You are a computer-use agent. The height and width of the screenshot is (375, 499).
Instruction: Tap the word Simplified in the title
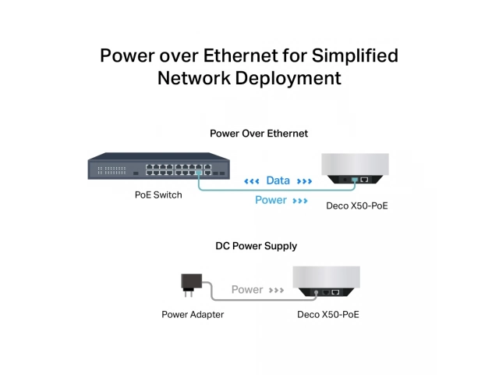point(355,56)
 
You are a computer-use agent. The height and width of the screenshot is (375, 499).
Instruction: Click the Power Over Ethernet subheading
point(259,134)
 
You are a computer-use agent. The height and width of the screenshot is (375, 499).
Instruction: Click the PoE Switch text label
point(158,195)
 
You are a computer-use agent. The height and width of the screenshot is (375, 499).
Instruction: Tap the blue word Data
point(278,180)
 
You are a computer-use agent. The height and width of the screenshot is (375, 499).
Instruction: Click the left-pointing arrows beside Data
point(251,181)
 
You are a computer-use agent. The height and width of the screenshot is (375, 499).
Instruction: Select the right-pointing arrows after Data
point(304,181)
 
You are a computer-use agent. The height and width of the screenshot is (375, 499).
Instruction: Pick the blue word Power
point(271,200)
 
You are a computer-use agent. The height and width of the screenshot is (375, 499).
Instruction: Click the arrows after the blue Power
point(300,201)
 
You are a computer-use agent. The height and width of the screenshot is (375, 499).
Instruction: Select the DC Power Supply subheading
point(257,246)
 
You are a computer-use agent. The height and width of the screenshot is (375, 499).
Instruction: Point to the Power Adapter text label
point(193,315)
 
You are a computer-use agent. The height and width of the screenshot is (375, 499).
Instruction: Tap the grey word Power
point(247,290)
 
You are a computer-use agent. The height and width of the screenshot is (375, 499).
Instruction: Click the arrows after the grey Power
point(276,291)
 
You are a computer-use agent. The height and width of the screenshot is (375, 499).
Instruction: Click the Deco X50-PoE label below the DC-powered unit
point(328,315)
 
